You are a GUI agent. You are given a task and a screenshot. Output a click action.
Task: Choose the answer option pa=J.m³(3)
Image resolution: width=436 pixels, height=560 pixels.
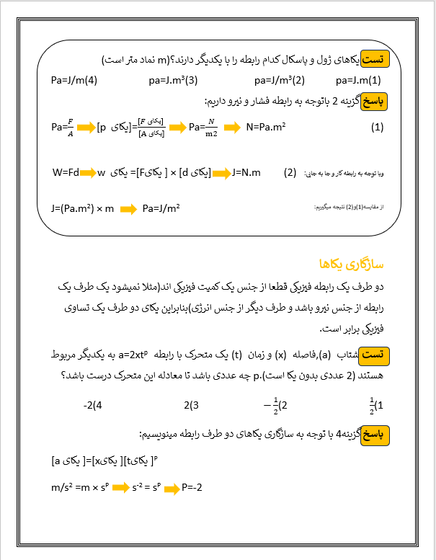(x=173, y=80)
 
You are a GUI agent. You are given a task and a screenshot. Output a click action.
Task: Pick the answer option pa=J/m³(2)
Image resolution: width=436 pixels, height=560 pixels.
(x=280, y=80)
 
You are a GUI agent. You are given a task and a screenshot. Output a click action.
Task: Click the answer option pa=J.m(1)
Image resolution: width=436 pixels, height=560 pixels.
(x=359, y=80)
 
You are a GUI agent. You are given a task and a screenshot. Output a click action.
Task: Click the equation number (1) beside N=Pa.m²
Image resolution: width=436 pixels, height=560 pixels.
(x=377, y=128)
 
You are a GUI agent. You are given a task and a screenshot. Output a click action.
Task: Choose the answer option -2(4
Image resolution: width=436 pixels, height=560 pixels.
(x=94, y=404)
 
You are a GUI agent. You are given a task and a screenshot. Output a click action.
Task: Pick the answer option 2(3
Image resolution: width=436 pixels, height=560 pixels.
(x=191, y=404)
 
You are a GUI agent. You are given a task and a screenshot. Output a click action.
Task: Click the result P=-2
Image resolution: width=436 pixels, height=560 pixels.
(x=193, y=488)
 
